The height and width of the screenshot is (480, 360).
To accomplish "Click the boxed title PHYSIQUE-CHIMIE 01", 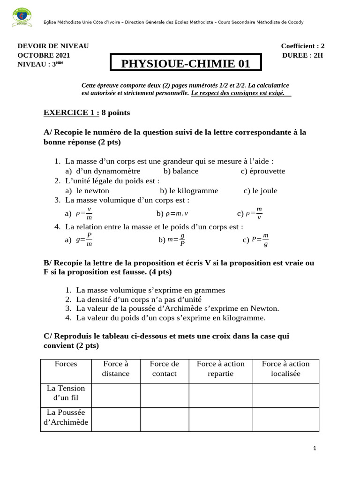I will pos(186,64).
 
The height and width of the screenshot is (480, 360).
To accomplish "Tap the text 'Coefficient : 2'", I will pos(302,46).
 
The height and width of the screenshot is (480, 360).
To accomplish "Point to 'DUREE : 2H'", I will pos(302,55).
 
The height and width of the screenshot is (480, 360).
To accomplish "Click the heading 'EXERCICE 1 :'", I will pos(71,112).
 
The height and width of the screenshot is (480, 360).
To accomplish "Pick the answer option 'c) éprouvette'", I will pos(262,171).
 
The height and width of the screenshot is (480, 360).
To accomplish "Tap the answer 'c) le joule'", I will pos(260,191).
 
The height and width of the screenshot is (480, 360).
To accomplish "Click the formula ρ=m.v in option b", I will pos(172,214).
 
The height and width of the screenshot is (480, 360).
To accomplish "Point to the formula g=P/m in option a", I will pos(84,240).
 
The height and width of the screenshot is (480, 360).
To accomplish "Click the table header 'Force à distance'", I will pos(116,369).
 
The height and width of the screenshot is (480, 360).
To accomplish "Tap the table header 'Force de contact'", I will pos(165,369).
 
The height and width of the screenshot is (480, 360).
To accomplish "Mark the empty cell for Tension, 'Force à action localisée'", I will pos(286,395).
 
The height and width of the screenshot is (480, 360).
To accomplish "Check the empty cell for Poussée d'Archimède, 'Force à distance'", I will pos(116,419).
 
